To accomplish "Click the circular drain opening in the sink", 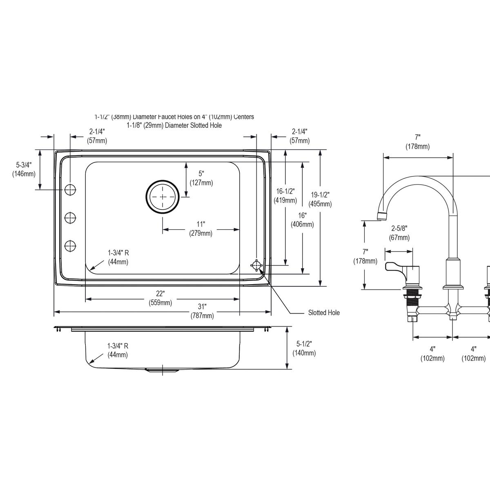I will pyautogui.click(x=163, y=197).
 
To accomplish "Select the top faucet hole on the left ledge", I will pyautogui.click(x=70, y=189).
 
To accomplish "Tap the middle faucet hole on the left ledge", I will pyautogui.click(x=70, y=218).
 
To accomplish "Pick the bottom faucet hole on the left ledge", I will pyautogui.click(x=70, y=246).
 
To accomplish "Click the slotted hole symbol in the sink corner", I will pyautogui.click(x=256, y=265).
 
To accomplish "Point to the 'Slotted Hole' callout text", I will pyautogui.click(x=323, y=313).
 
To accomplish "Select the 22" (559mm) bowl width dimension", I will pyautogui.click(x=160, y=298).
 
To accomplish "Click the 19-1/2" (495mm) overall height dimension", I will pyautogui.click(x=320, y=199).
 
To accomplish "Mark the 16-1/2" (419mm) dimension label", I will pyautogui.click(x=285, y=196).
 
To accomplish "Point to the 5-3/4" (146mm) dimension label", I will pyautogui.click(x=24, y=169).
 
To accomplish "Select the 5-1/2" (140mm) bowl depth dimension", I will pyautogui.click(x=304, y=349).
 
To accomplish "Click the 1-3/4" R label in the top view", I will pyautogui.click(x=118, y=257).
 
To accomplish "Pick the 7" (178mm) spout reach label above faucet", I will pyautogui.click(x=417, y=142).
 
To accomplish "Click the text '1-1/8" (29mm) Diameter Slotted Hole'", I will pyautogui.click(x=174, y=125).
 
